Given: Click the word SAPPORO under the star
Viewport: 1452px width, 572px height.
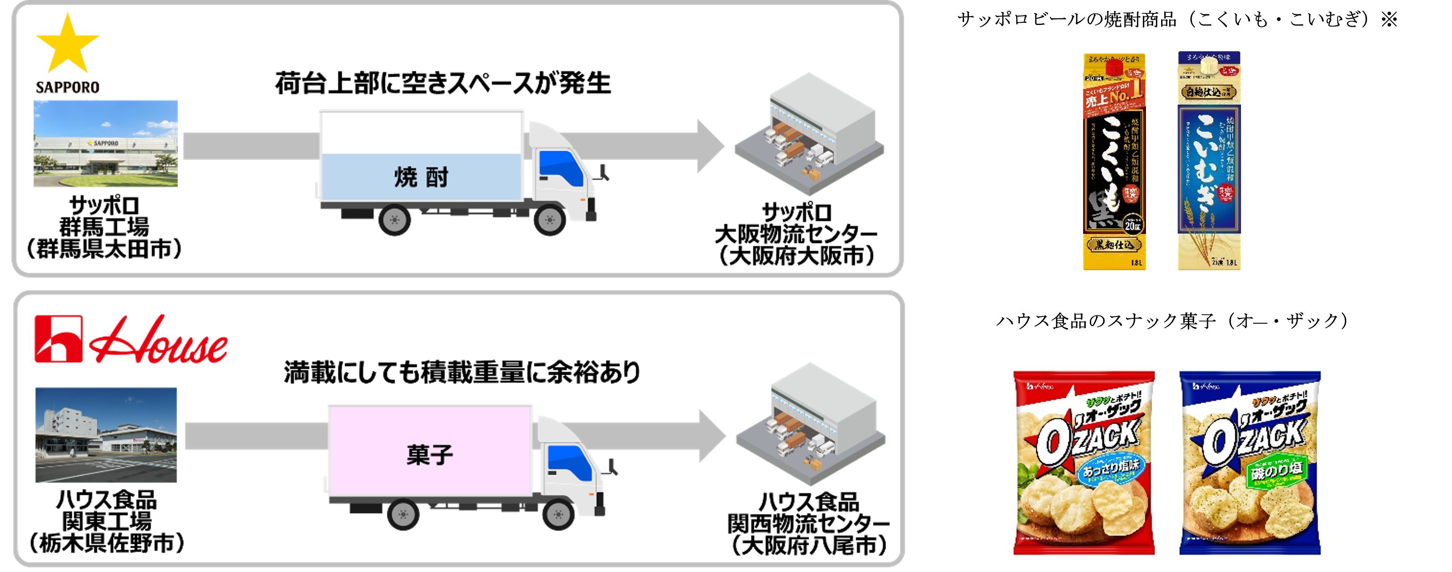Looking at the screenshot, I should (67, 87).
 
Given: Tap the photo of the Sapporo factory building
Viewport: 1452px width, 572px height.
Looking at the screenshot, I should (105, 144).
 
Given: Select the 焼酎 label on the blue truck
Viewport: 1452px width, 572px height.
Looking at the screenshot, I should (421, 177).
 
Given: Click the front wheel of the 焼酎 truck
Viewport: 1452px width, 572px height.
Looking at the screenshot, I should (550, 219).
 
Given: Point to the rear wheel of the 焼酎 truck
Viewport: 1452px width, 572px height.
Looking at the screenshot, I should (395, 219).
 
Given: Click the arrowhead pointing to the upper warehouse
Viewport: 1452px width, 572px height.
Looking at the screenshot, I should (710, 146).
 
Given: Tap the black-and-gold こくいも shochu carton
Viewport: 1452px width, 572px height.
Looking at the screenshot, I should (1114, 162).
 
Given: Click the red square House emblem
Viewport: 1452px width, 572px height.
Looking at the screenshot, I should (58, 339).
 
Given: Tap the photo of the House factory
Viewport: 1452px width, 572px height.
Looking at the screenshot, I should (106, 435).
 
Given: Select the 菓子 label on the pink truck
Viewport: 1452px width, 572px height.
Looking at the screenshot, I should (430, 455).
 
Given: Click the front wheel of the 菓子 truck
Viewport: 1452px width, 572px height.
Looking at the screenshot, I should (558, 514).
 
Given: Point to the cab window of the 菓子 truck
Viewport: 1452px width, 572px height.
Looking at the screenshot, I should (569, 462).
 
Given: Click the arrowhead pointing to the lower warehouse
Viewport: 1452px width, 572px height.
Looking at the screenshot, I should (712, 436).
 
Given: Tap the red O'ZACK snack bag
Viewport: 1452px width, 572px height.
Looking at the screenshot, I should (1084, 463).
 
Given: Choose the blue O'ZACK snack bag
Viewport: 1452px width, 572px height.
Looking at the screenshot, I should (1249, 463).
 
